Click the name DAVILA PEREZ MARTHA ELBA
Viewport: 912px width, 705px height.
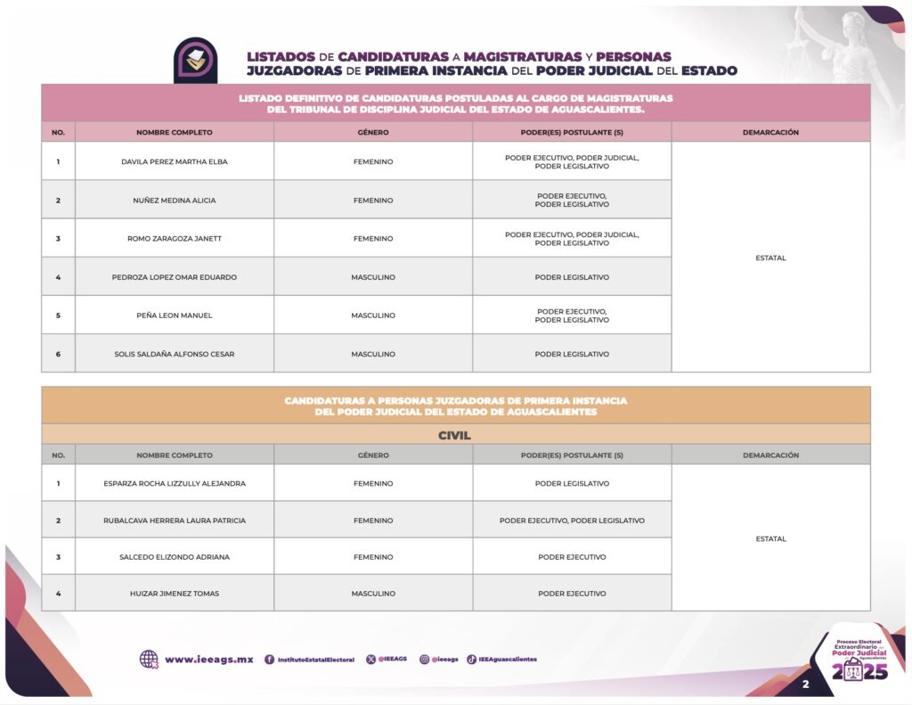(x=175, y=161)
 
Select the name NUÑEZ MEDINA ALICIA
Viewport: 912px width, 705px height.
(x=175, y=201)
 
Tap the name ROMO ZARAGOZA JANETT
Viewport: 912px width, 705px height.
(x=175, y=239)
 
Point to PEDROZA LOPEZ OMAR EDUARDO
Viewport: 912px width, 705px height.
(x=175, y=277)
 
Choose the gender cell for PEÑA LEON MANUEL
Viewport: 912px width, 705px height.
(x=373, y=316)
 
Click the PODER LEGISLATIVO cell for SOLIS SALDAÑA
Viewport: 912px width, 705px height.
(x=572, y=354)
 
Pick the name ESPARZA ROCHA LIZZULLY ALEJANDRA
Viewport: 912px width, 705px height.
(x=175, y=483)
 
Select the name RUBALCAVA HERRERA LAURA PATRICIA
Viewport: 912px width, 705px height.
(x=175, y=521)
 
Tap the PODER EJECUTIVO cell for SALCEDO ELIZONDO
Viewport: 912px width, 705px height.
(x=572, y=557)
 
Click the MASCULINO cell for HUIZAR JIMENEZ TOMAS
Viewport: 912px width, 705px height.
(x=373, y=594)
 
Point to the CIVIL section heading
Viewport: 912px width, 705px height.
(x=454, y=436)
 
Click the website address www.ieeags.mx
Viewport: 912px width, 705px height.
(x=208, y=660)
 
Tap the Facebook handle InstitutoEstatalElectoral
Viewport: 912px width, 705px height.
(x=315, y=660)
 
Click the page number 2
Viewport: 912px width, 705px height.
(x=805, y=685)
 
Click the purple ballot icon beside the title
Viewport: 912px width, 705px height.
(x=195, y=60)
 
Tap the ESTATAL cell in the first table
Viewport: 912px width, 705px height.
(x=770, y=258)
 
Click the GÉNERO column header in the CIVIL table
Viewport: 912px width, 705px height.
(x=373, y=455)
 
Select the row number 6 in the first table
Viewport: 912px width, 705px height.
(x=58, y=354)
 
